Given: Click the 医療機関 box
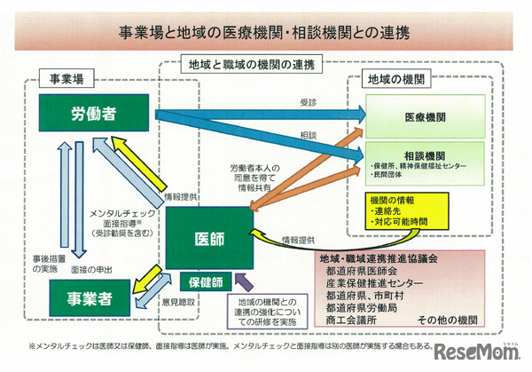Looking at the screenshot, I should tap(424, 117).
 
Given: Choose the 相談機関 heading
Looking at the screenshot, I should tap(424, 153).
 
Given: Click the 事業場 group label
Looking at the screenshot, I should tap(66, 78).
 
